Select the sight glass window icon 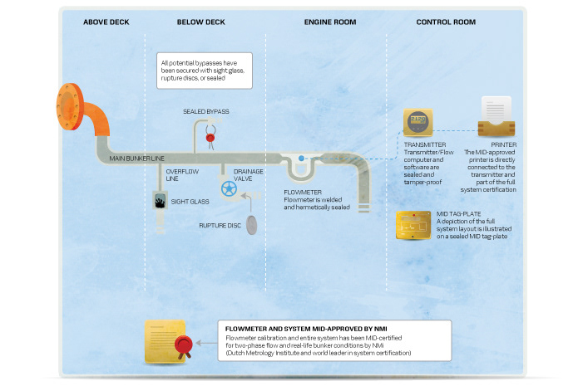161,200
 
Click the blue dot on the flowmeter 300,158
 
